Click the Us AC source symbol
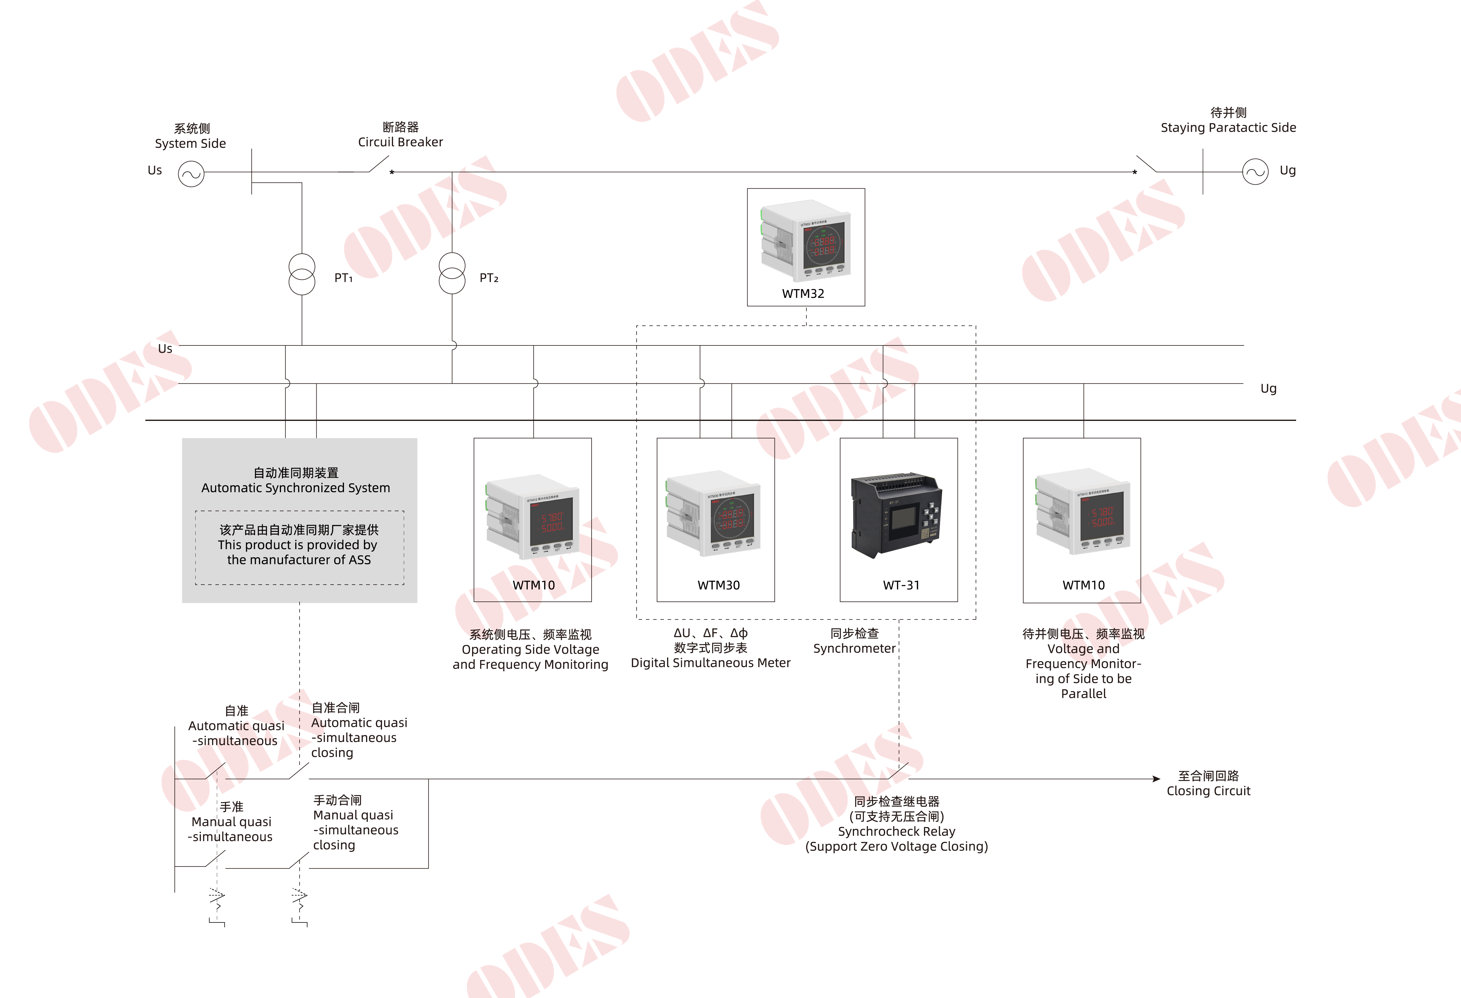coord(191,174)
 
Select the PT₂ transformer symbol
coord(452,273)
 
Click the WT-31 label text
coord(901,585)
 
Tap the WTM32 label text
coord(803,293)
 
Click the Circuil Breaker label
coord(401,142)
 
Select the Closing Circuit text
coord(1208,791)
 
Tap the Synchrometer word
coord(854,648)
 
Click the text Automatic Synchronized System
coord(296,488)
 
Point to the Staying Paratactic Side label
coord(1228,127)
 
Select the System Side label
coord(190,143)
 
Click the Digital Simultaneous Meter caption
coord(710,663)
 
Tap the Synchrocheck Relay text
coord(896,831)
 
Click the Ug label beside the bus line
coord(1268,388)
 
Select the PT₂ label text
coord(489,278)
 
